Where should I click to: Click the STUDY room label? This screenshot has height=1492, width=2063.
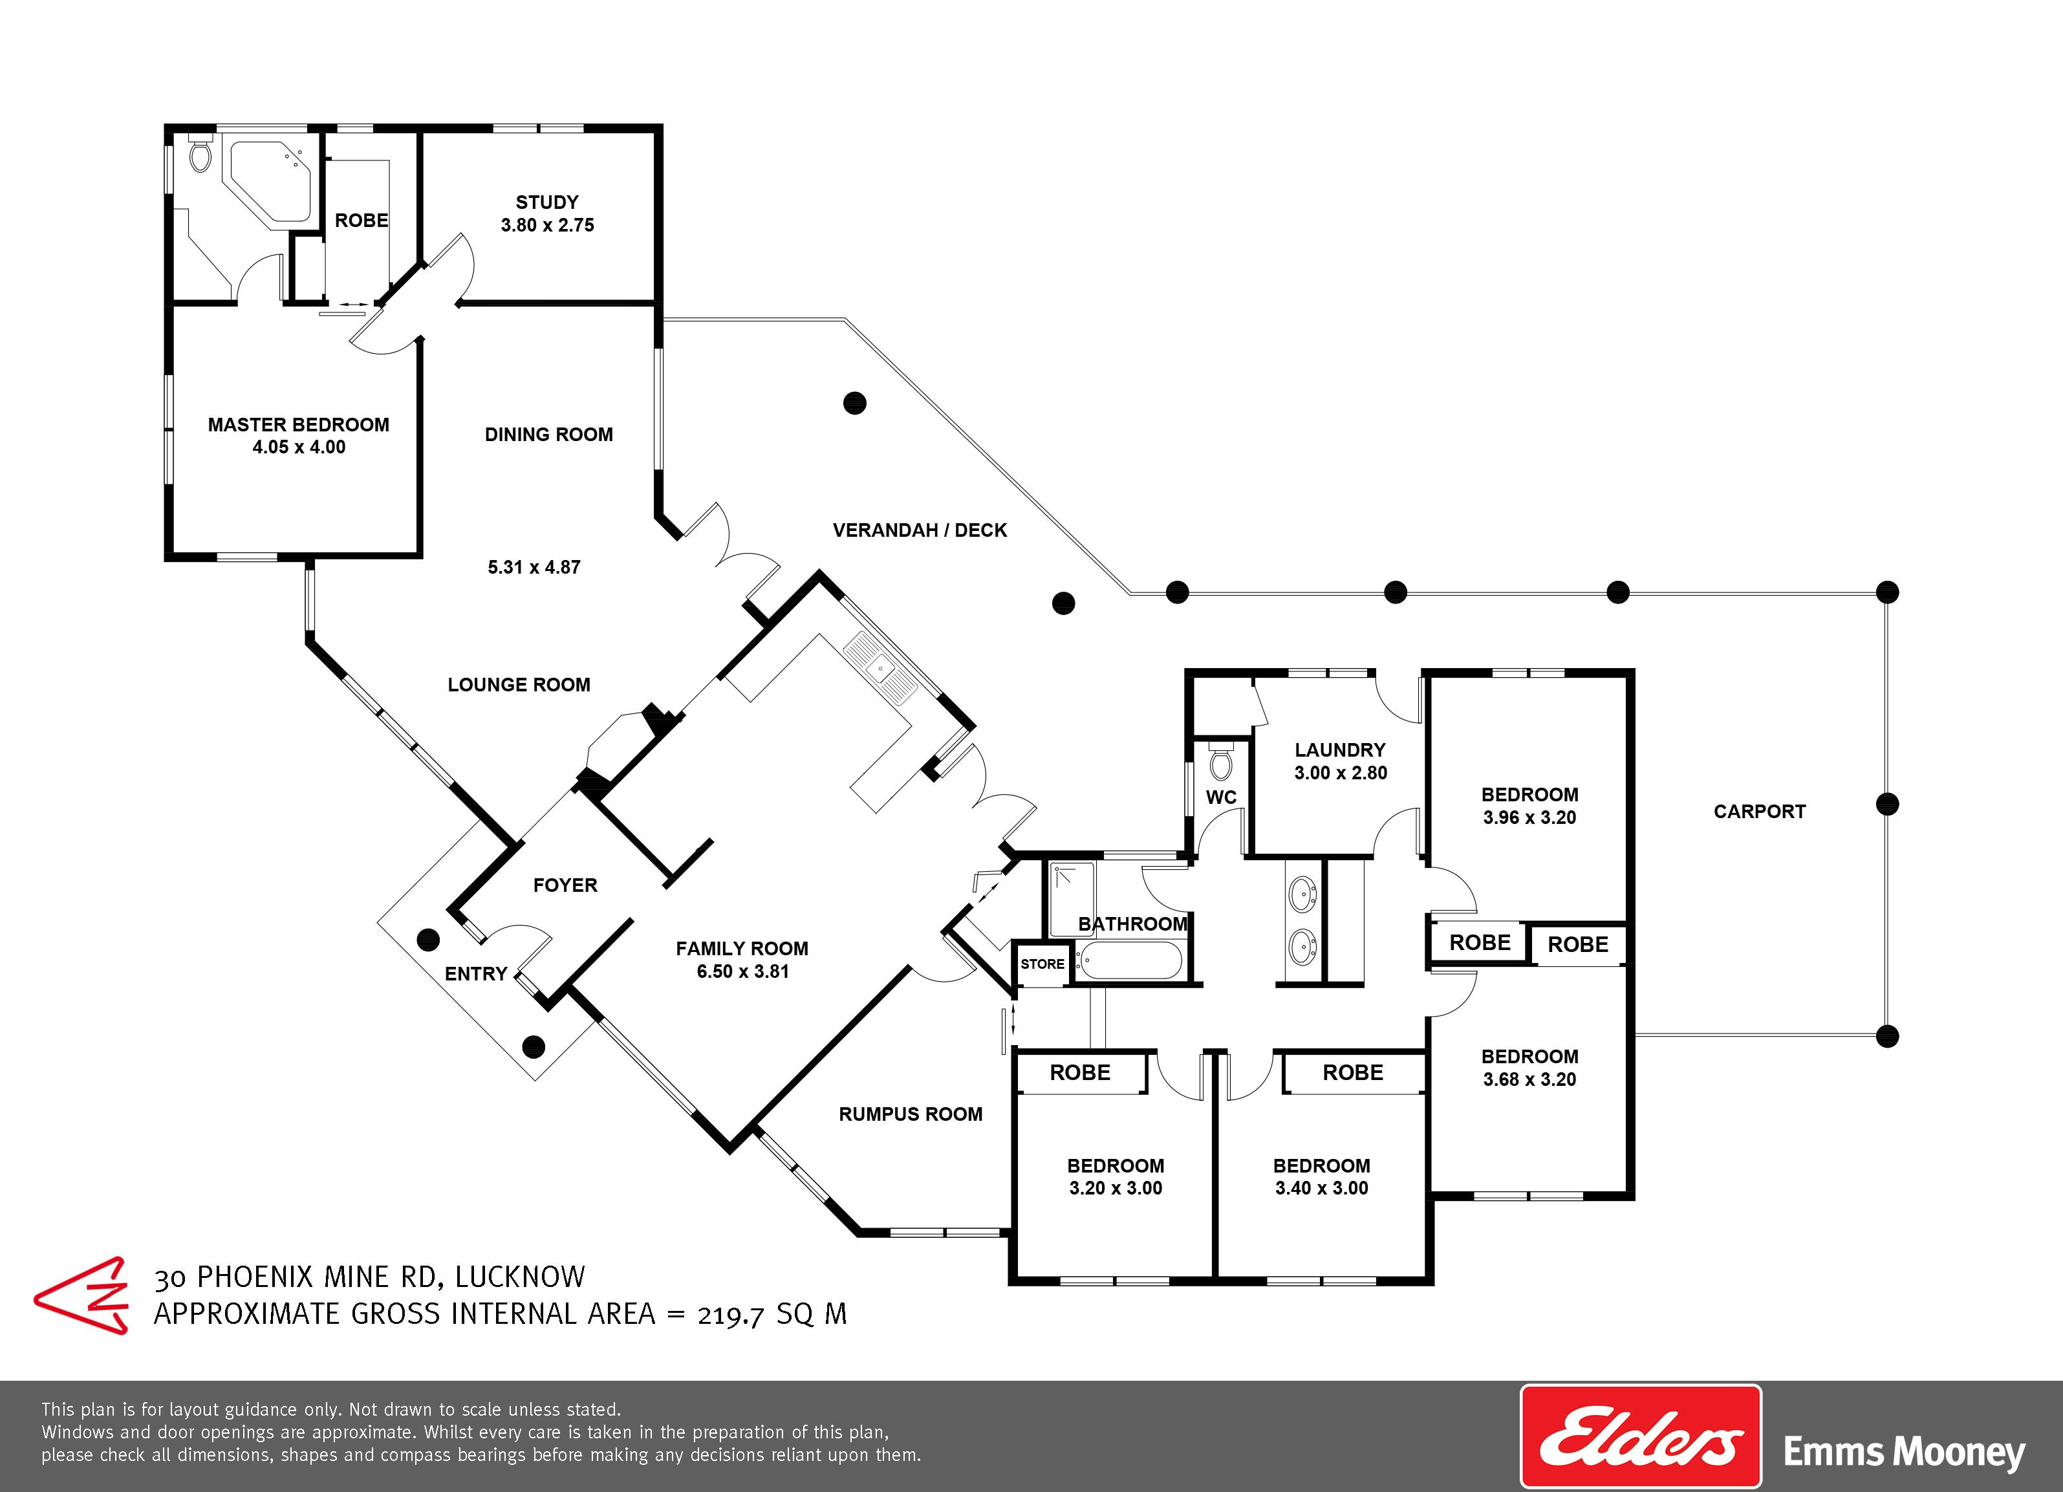(x=546, y=202)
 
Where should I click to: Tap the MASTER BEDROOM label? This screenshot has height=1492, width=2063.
(x=298, y=425)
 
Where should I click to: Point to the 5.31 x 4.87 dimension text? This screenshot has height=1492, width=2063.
(x=534, y=567)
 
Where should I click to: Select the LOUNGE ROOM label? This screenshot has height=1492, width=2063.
(x=519, y=684)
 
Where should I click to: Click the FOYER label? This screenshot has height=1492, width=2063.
(x=565, y=885)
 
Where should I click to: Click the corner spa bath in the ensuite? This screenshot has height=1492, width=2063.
(x=270, y=181)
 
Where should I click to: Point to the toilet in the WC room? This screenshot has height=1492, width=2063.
(x=1222, y=761)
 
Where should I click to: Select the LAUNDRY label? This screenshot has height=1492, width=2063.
(x=1340, y=750)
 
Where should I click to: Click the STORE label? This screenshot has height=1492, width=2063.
(x=1042, y=964)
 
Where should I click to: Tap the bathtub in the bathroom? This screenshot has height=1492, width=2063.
(x=1130, y=960)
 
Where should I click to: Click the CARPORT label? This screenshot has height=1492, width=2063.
(x=1759, y=812)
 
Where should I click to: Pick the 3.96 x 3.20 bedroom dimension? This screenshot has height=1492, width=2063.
(x=1529, y=817)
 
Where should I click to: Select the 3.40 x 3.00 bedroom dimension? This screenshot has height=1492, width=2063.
(x=1322, y=1187)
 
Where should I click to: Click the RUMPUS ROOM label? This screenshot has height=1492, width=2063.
(x=911, y=1114)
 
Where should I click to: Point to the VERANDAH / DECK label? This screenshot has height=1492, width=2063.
(x=920, y=530)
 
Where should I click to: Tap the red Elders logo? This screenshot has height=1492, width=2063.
(x=1641, y=1436)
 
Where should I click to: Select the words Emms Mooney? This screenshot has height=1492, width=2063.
(x=1904, y=1451)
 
